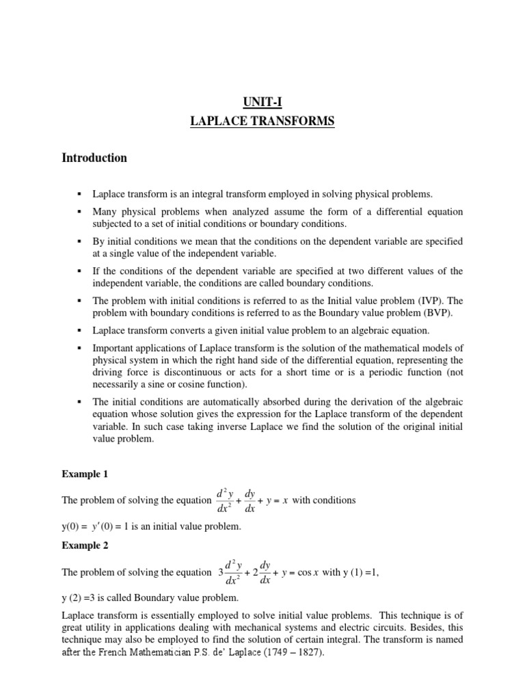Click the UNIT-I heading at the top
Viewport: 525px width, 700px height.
[262, 103]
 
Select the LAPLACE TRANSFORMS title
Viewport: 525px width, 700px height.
[262, 122]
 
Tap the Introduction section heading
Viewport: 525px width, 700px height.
[94, 158]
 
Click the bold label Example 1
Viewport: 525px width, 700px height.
[84, 474]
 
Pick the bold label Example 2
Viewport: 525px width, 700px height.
[84, 546]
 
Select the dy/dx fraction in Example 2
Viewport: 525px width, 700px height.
[265, 573]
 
